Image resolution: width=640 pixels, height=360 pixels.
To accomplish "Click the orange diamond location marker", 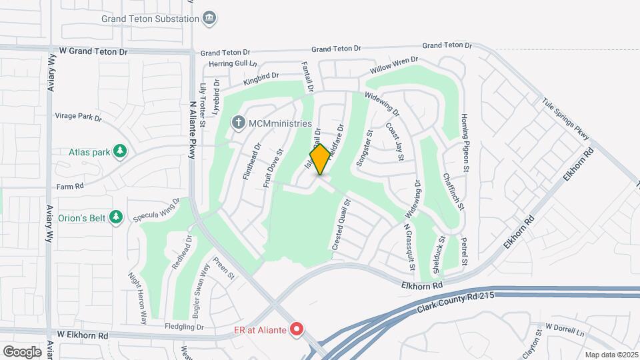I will [320, 160].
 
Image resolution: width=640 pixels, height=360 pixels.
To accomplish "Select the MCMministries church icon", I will [238, 123].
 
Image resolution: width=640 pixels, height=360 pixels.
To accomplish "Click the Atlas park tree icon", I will [120, 152].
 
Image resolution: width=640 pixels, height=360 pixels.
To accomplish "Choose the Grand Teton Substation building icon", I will [210, 17].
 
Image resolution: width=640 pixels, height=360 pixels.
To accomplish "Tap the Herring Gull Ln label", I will [233, 64].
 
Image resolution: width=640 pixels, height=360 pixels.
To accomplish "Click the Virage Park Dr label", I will [78, 117].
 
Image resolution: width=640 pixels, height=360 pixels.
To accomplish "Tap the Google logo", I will [22, 352].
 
